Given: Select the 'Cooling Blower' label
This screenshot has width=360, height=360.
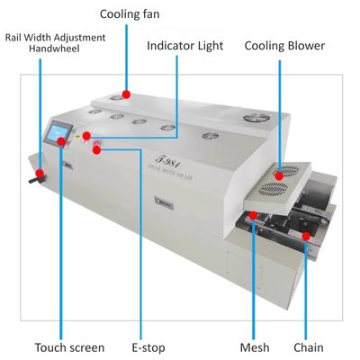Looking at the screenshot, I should pyautogui.click(x=284, y=46).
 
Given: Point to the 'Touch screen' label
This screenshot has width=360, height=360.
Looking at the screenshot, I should pyautogui.click(x=69, y=346).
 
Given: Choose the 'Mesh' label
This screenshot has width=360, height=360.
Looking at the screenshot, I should pyautogui.click(x=255, y=346).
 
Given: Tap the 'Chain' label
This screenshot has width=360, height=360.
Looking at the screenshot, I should pyautogui.click(x=309, y=346).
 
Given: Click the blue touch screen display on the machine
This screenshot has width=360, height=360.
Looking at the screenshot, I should pyautogui.click(x=60, y=132).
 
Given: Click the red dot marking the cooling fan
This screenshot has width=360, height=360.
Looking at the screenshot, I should pyautogui.click(x=128, y=92).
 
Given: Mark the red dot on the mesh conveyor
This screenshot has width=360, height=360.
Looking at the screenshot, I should pyautogui.click(x=255, y=215).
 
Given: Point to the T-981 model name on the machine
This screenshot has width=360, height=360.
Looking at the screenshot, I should pyautogui.click(x=166, y=159).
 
